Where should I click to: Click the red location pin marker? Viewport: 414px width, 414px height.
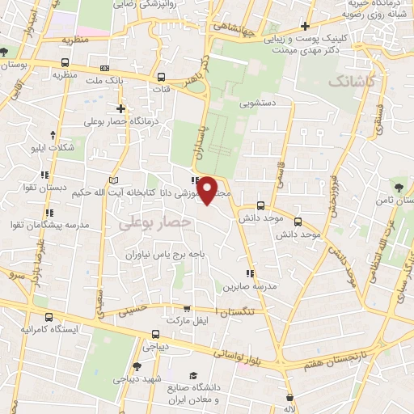(208, 190)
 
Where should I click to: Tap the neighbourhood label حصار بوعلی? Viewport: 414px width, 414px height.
(154, 222)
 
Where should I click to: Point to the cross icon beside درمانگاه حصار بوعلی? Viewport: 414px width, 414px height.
(121, 108)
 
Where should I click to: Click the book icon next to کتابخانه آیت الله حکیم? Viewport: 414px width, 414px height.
(113, 179)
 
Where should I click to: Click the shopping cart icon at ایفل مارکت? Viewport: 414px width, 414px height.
(188, 308)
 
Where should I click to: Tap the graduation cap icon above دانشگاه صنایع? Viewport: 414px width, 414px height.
(192, 375)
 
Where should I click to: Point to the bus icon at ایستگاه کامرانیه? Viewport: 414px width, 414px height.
(51, 317)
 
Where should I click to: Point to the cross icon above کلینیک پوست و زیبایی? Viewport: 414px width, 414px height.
(305, 26)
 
